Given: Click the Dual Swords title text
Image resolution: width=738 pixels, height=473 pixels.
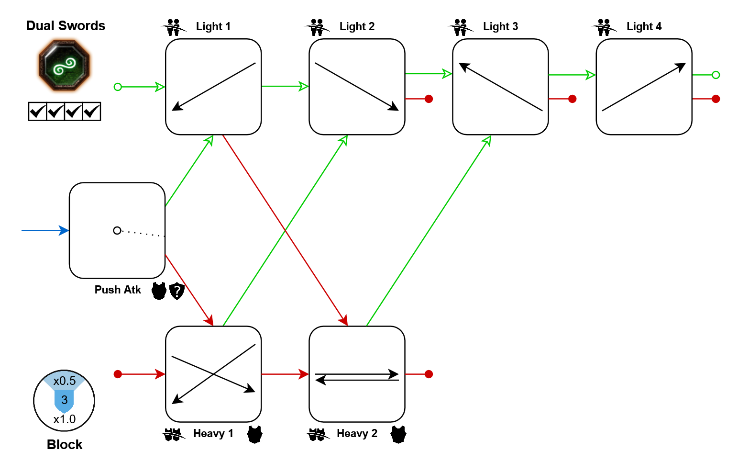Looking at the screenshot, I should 66,26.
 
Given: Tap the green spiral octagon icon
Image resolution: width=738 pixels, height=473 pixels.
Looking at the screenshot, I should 64,65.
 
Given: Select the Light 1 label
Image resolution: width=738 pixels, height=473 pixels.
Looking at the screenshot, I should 213,26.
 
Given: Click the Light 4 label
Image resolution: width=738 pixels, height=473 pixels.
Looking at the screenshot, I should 644,26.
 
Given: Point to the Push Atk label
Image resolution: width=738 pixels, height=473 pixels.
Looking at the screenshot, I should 118,290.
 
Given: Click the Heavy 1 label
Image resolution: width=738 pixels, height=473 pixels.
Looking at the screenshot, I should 213,433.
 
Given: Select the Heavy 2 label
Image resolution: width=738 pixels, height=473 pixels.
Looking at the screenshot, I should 357,433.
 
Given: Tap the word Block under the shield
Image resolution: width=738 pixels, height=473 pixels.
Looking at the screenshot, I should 65,445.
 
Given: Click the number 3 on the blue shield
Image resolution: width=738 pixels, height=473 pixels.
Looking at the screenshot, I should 65,400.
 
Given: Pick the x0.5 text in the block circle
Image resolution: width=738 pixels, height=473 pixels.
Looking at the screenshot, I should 65,381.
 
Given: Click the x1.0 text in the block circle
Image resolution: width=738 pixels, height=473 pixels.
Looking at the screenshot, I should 65,419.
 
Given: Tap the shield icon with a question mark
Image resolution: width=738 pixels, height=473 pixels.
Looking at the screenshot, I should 177,291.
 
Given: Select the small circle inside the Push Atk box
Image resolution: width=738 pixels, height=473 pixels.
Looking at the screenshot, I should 117,230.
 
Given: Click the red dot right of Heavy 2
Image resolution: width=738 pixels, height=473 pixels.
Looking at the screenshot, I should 429,374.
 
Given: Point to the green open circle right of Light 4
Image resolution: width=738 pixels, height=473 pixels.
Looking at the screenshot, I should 716,75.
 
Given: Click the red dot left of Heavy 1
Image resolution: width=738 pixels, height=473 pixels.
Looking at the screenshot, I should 118,374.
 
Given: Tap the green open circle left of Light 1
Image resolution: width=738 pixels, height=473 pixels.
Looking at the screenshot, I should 118,87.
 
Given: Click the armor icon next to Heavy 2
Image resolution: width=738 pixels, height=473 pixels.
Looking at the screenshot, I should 398,434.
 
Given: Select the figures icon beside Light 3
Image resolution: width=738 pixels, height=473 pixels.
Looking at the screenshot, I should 460,27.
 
